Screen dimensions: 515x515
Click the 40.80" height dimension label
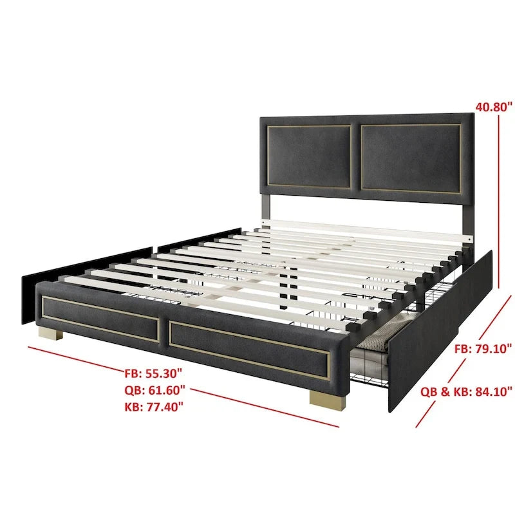494,107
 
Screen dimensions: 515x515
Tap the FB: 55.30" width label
153,373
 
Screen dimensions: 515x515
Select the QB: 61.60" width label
154,390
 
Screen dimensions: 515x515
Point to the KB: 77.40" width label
154,407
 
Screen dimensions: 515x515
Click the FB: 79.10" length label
483,348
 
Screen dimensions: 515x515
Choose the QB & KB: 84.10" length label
466,391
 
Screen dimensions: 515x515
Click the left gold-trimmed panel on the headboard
309,156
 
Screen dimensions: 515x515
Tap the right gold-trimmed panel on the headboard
411,158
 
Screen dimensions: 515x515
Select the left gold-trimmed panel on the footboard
100,319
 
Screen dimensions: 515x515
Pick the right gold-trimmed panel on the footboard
250,350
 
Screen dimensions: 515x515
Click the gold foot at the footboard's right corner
328,399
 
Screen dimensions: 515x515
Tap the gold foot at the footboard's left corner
51,333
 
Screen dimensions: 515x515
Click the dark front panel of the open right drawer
440,331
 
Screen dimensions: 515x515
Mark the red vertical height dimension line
498,201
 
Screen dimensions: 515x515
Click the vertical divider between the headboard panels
355,157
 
